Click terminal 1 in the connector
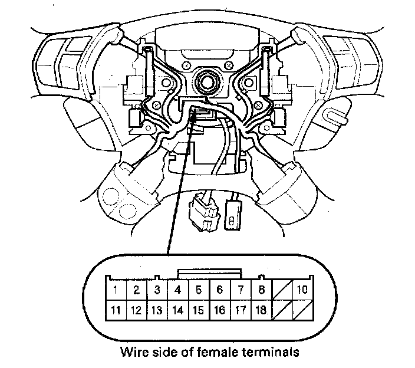tap(116, 290)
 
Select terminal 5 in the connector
tap(199, 290)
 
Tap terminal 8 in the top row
tap(261, 290)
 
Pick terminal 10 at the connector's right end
tap(302, 290)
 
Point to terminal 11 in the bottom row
tap(116, 309)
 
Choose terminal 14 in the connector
tap(178, 309)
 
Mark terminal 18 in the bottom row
tap(261, 309)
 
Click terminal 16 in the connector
tap(219, 309)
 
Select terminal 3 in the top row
tap(157, 290)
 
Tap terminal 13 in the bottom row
tap(157, 309)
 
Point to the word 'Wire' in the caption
tap(134, 353)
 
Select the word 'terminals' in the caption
tap(271, 353)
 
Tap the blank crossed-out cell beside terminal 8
tap(281, 290)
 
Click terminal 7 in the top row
tap(240, 290)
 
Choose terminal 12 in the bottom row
tap(137, 309)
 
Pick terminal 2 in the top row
tap(137, 290)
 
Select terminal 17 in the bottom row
tap(240, 309)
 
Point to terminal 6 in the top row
tap(219, 290)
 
